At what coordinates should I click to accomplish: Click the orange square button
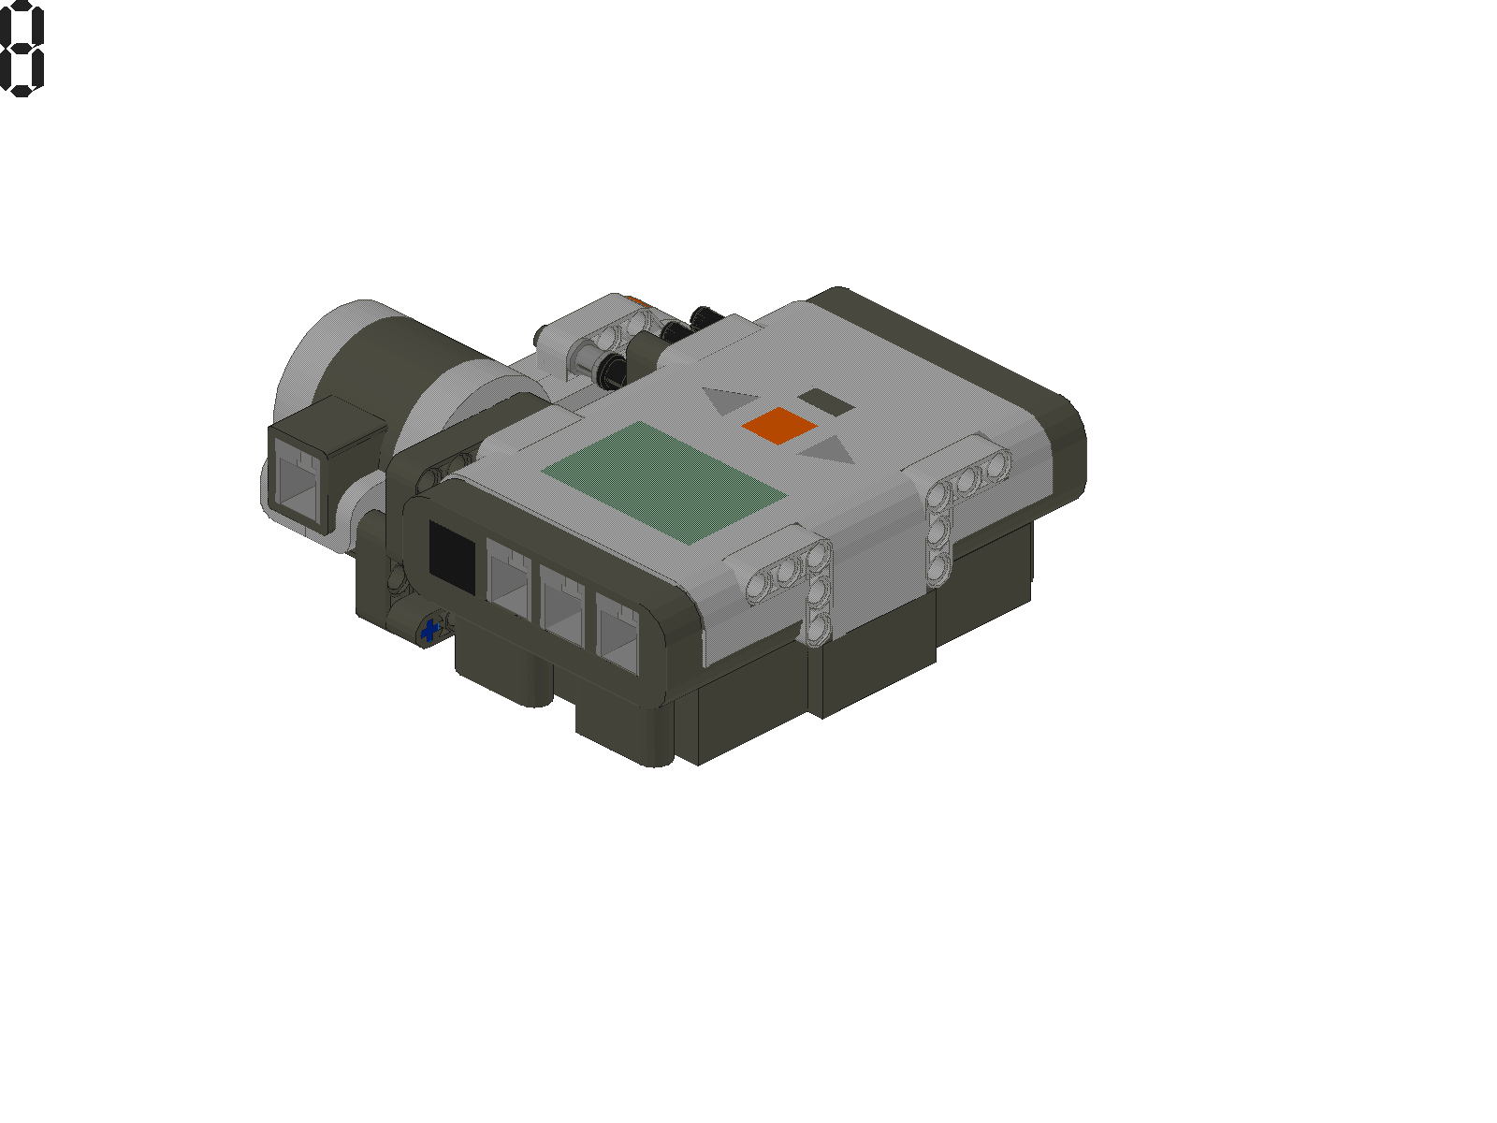tap(779, 425)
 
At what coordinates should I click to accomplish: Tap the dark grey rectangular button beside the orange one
tap(825, 402)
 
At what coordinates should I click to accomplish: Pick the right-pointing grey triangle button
tap(829, 453)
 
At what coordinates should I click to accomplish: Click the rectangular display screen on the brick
tap(664, 482)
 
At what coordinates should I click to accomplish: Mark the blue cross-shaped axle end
tap(430, 631)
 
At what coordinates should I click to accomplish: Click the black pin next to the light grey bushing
tap(613, 369)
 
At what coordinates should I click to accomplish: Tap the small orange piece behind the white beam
tap(636, 301)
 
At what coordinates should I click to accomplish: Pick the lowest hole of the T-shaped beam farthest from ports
tap(938, 564)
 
